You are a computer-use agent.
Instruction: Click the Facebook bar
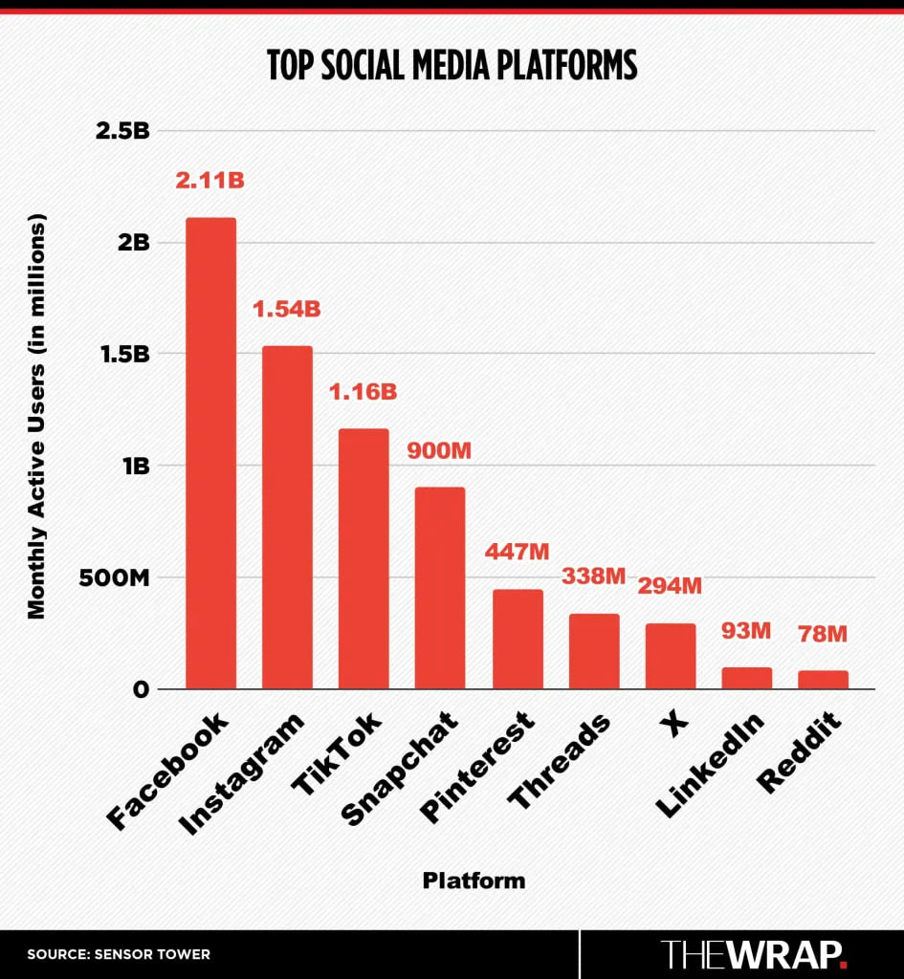click(210, 453)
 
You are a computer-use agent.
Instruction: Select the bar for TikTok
click(364, 558)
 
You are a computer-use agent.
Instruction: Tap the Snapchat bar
click(440, 587)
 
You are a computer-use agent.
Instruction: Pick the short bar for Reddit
click(823, 679)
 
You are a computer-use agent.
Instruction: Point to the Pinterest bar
click(518, 639)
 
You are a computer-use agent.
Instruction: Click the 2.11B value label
click(209, 180)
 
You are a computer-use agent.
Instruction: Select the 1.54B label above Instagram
click(286, 310)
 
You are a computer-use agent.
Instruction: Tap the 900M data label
click(439, 450)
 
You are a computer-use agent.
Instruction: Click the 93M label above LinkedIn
click(746, 631)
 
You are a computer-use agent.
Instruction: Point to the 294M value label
click(670, 586)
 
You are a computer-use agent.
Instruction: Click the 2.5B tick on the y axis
click(122, 131)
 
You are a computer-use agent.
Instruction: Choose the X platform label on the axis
click(675, 724)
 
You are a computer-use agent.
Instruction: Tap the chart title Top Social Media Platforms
click(452, 65)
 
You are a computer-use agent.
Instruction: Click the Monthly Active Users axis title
click(36, 415)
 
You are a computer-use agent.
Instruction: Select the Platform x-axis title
click(474, 880)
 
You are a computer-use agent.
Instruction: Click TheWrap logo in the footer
click(754, 953)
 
